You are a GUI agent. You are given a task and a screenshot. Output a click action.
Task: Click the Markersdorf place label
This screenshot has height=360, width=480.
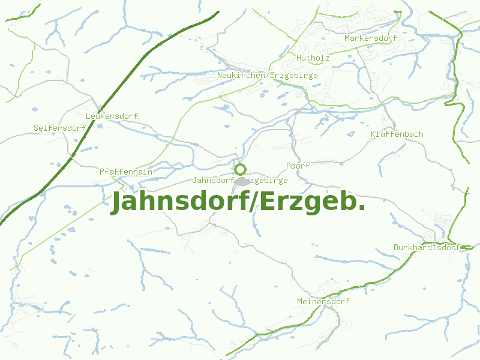point(371,38)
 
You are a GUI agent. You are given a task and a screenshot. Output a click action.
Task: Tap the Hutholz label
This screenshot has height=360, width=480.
point(313,58)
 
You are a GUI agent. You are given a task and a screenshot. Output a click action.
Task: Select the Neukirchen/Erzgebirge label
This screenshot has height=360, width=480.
point(267,76)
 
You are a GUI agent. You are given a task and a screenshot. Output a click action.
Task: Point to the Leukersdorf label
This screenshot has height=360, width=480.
point(112,116)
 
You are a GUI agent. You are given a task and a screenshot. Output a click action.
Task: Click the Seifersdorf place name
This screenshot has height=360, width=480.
point(59,128)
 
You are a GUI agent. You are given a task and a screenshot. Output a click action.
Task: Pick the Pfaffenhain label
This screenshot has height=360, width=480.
point(126,172)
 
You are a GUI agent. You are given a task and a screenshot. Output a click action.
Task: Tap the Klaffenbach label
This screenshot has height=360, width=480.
point(397,134)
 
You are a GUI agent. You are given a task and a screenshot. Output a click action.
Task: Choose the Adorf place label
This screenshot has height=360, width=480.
point(298,166)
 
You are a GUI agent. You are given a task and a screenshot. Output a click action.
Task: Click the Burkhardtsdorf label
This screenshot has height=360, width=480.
point(426,247)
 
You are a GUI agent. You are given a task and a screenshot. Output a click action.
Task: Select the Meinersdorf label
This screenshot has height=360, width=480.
point(323,301)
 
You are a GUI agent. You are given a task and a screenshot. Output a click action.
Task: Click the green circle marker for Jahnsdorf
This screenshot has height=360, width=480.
point(240,169)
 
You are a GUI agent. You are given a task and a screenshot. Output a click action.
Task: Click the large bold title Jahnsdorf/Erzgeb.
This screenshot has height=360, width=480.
point(238,202)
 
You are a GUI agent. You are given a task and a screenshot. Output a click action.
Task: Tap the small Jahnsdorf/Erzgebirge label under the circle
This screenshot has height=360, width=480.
point(239,180)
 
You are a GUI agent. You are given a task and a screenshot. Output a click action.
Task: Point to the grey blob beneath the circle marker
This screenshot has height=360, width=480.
point(242,181)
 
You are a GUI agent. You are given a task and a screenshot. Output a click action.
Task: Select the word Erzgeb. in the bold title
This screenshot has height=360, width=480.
point(312,202)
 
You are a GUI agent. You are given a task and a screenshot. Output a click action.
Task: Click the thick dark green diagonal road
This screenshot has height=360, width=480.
point(120,90)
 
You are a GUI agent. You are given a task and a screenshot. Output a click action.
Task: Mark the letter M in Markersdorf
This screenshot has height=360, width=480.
point(347,38)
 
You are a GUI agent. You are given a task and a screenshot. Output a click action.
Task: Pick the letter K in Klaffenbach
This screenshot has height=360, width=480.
point(373,134)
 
